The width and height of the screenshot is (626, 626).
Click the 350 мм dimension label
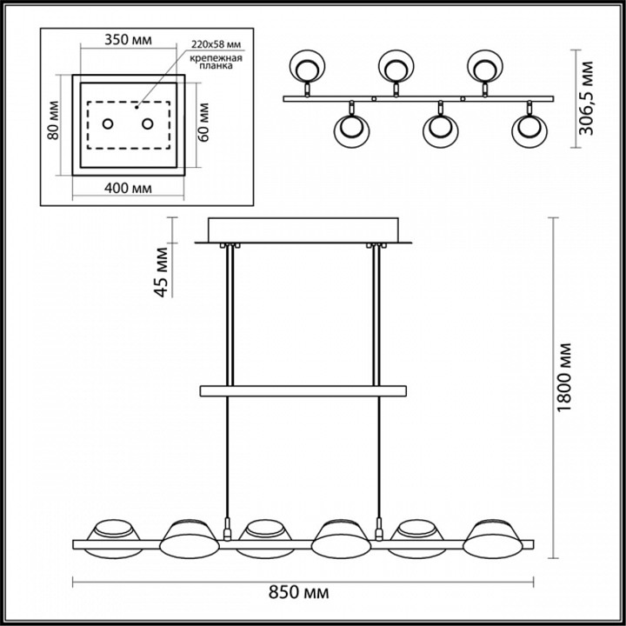128,40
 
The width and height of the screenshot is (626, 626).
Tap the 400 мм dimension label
128,188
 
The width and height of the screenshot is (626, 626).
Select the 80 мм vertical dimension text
53,121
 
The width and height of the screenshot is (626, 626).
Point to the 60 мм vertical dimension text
203,123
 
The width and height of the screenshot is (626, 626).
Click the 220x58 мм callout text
216,44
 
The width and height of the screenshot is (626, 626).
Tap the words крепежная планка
216,62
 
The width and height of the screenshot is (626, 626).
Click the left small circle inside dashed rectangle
108,124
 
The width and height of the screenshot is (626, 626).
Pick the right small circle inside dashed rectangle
147,124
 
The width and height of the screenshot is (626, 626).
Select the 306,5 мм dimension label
586,98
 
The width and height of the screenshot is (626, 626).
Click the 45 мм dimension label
162,272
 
